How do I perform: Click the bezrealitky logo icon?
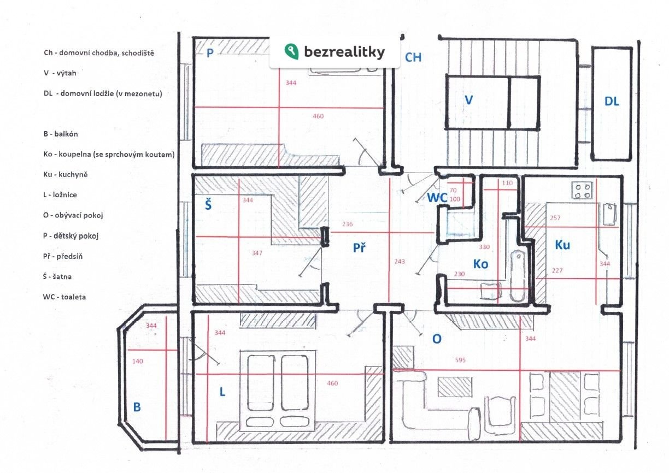pyautogui.click(x=291, y=51)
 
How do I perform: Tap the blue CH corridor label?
pyautogui.click(x=413, y=57)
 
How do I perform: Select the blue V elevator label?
pyautogui.click(x=468, y=100)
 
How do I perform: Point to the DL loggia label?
pyautogui.click(x=612, y=102)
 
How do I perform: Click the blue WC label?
pyautogui.click(x=437, y=198)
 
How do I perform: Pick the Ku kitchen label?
pyautogui.click(x=562, y=245)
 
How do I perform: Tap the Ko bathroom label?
pyautogui.click(x=480, y=264)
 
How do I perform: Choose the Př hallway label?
pyautogui.click(x=359, y=247)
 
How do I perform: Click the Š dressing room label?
pyautogui.click(x=208, y=204)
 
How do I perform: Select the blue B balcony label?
pyautogui.click(x=137, y=407)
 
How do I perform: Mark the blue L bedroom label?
pyautogui.click(x=222, y=392)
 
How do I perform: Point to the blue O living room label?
pyautogui.click(x=437, y=339)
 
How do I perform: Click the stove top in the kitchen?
pyautogui.click(x=583, y=191)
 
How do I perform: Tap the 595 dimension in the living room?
pyautogui.click(x=460, y=360)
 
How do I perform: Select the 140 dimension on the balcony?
pyautogui.click(x=137, y=361)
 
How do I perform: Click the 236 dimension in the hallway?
pyautogui.click(x=347, y=224)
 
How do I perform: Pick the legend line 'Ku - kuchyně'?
pyautogui.click(x=66, y=175)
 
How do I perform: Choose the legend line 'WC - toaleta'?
pyautogui.click(x=64, y=297)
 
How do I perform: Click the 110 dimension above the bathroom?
pyautogui.click(x=507, y=182)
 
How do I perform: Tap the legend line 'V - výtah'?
pyautogui.click(x=60, y=73)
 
